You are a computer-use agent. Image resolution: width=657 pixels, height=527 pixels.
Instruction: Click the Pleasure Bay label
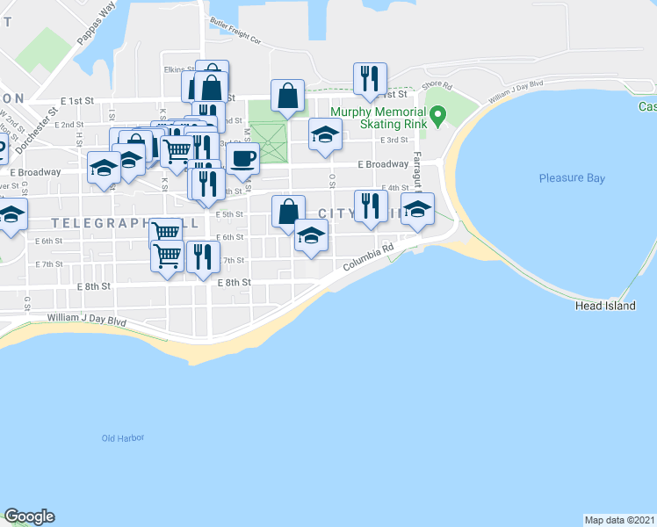point(572,178)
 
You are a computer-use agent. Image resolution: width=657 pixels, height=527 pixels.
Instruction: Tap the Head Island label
point(601,306)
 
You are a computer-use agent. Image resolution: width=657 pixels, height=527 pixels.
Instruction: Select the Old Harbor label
point(122,437)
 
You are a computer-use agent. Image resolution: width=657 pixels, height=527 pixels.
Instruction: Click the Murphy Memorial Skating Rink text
point(379,119)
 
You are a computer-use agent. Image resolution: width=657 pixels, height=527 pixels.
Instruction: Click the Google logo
point(29,516)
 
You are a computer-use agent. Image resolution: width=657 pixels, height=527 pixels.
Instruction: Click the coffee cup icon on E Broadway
point(242,158)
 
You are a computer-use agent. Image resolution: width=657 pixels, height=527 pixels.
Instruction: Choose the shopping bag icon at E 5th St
point(288,211)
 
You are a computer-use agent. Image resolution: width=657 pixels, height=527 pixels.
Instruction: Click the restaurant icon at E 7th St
point(202,256)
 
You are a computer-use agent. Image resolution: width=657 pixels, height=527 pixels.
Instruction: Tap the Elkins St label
point(177,69)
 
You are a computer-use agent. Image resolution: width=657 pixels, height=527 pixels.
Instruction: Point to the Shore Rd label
point(436,86)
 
